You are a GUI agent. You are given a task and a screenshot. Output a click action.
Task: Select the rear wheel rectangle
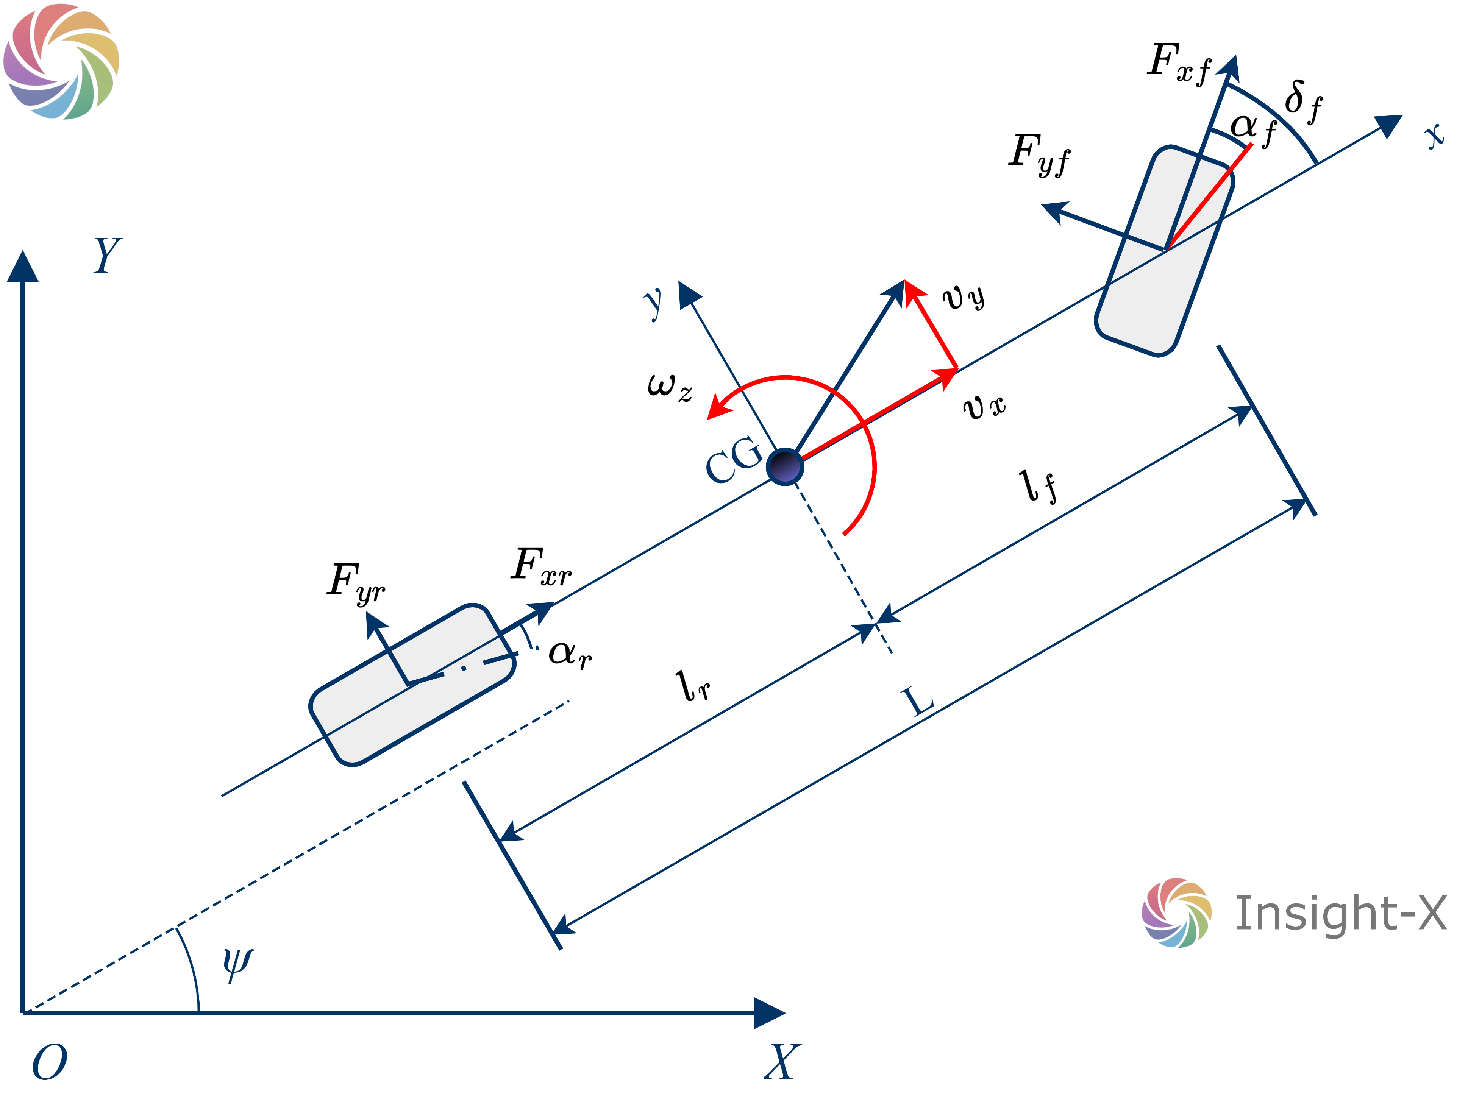pyautogui.click(x=412, y=685)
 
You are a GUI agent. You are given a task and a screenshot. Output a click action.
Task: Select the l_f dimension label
pyautogui.click(x=1038, y=486)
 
